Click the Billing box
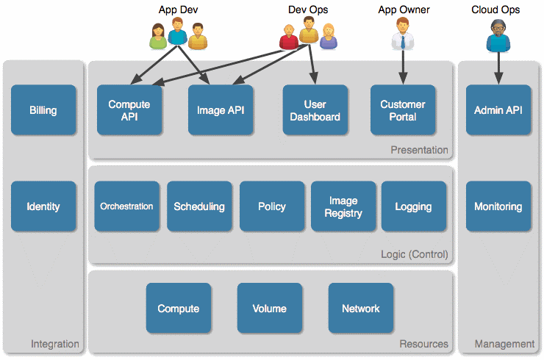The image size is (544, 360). coord(43,110)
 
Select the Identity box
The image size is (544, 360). coord(43,206)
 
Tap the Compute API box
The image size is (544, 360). coord(129,110)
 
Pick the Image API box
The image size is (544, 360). coord(221,110)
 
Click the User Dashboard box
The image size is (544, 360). coord(315,110)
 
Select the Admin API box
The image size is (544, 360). coord(498,110)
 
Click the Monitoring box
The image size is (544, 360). coord(498,206)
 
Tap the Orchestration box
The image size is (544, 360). coord(127,206)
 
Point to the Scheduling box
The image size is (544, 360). coord(199,206)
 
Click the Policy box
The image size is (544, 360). coord(271,206)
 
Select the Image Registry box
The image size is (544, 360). coord(343,206)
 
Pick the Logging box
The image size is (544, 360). coord(414,206)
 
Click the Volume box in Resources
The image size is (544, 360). coord(269,309)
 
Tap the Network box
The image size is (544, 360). coord(360,309)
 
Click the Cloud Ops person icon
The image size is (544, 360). coord(498,35)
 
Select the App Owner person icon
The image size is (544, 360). coord(403,34)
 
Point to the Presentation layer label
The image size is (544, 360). coord(419,150)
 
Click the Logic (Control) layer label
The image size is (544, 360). coord(415,255)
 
